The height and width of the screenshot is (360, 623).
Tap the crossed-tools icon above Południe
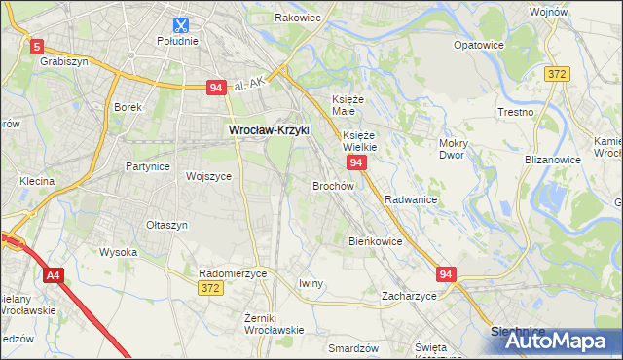point(179,24)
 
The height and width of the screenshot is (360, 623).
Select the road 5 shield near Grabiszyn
point(37,46)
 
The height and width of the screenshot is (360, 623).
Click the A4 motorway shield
point(54,275)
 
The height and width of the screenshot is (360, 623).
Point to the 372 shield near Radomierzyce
point(209,288)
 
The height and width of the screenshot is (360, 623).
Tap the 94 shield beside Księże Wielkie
point(357,162)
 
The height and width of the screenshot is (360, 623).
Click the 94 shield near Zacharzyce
point(446,275)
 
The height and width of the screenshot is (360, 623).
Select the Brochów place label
point(332,185)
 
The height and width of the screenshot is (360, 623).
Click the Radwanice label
point(410,198)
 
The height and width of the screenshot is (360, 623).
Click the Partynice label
point(148,166)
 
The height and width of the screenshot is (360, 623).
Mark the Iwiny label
point(311,283)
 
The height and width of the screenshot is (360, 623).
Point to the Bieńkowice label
point(375,240)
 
